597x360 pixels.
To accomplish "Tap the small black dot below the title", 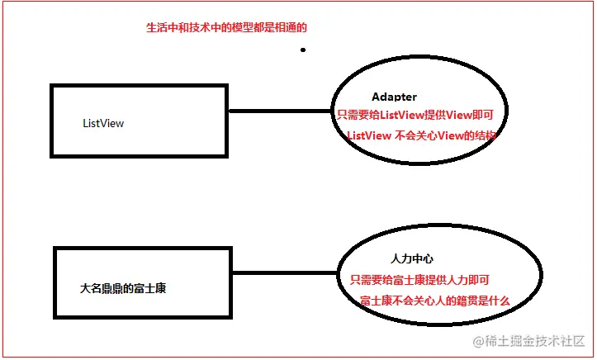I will click(303, 50).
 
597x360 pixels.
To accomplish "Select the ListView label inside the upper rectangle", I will click(103, 123).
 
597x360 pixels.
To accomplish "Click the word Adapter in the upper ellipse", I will click(394, 97).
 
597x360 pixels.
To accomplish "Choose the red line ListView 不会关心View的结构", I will click(421, 135).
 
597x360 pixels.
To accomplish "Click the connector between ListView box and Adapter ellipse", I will click(280, 111).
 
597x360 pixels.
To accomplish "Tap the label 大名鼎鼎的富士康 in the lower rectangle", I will click(129, 288).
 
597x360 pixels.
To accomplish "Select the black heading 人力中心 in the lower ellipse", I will click(412, 259).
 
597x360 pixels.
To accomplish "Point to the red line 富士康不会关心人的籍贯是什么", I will click(434, 301).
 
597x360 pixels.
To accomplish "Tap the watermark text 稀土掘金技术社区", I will click(534, 340).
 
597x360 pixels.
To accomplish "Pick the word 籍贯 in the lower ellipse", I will click(462, 301).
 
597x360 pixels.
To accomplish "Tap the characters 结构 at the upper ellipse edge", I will click(483, 135).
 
